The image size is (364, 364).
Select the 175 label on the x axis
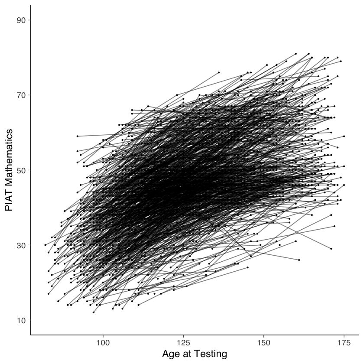344,342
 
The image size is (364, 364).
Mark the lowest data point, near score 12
93,312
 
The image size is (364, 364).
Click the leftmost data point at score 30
45,245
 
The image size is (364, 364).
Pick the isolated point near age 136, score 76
219,72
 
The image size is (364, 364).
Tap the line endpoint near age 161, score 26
299,260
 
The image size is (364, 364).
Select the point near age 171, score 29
331,249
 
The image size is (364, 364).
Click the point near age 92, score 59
78,136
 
